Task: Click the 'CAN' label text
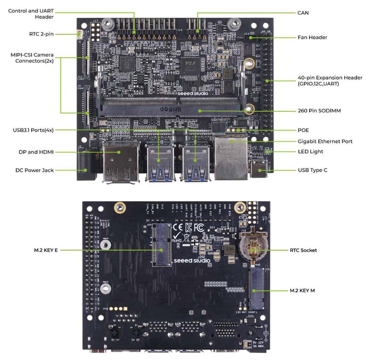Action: tap(303, 13)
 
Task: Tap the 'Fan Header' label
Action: tap(312, 37)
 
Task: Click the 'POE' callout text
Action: tap(303, 130)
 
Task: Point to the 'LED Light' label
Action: tap(310, 152)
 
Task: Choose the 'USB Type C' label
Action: tap(312, 170)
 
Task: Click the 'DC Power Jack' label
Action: tap(34, 170)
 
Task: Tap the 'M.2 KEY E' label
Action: tap(46, 250)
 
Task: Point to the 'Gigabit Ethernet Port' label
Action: tap(325, 141)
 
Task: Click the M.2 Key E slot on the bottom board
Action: tap(159, 244)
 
